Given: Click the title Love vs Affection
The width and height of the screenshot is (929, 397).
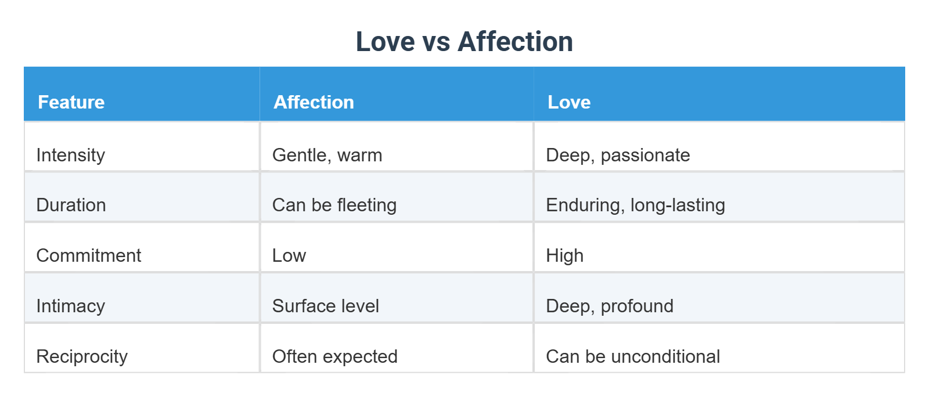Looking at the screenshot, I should point(464,42).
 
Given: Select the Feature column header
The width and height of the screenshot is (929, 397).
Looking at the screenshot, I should point(71,102).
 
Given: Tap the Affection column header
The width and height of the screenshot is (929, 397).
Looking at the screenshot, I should point(314,102).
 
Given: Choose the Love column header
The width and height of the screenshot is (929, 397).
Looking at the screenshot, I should point(568,102).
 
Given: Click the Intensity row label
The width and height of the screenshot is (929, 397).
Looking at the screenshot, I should point(70,155).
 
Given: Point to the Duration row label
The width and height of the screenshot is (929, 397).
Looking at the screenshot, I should point(71,205).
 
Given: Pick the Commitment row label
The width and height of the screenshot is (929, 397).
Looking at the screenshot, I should point(88,255).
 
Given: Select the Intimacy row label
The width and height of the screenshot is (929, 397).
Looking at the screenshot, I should point(70,306).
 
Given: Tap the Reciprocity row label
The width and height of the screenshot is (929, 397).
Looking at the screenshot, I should point(82,356).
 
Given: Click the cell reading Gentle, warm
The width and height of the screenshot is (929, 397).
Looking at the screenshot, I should point(327,155).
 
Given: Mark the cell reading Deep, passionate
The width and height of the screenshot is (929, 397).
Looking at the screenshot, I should point(618,155).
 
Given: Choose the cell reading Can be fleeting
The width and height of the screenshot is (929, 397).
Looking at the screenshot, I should point(334,205).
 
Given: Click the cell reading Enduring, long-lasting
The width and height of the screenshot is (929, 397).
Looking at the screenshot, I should point(635,205).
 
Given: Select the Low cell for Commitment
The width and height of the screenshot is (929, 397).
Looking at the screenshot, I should point(289,255).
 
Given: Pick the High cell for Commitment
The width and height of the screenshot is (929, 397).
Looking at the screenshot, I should point(564,255).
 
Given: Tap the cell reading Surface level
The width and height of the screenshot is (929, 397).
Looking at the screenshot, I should point(325,306).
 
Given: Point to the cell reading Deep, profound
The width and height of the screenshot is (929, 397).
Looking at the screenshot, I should point(610,306).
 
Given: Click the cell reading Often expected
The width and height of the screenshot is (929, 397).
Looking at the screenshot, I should point(334,356).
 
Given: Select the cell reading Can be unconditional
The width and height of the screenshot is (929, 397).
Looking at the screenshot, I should point(633,356).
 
